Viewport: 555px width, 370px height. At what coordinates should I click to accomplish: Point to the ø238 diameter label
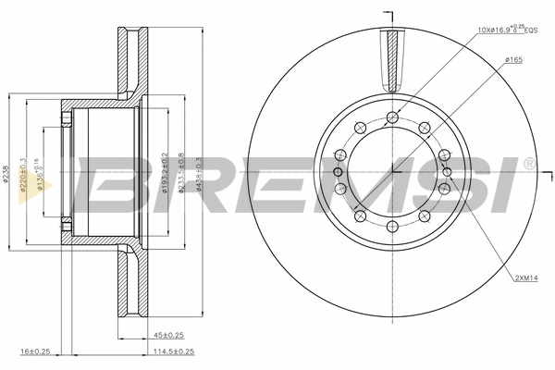point(7,173)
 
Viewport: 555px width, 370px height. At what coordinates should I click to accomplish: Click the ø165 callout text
point(514,59)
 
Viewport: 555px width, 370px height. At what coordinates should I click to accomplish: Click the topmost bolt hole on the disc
point(393,117)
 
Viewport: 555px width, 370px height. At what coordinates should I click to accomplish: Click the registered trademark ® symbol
point(528,164)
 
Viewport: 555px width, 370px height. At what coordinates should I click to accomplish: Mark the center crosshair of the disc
point(393,171)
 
